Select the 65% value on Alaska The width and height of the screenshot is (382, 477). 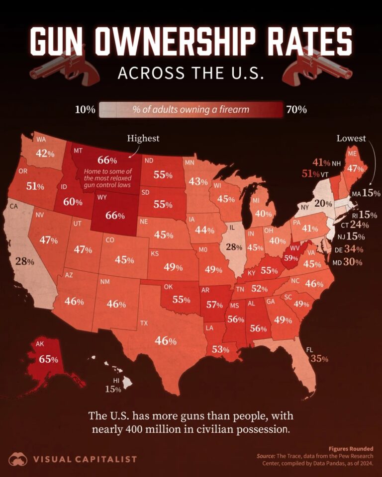45,359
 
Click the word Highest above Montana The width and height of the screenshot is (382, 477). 143,138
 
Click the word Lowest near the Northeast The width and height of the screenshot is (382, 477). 351,138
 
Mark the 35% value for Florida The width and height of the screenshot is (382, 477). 320,359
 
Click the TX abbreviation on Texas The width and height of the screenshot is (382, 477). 144,323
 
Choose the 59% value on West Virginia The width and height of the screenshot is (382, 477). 290,258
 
